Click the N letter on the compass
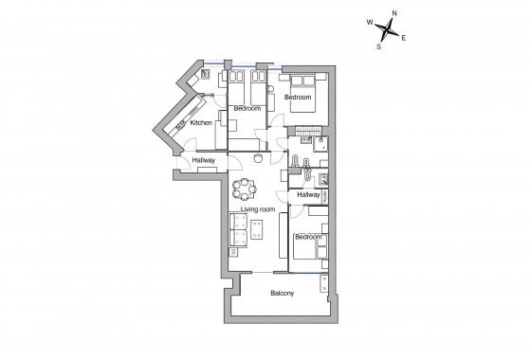[x=394, y=12]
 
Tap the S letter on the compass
[x=378, y=45]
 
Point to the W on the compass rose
[x=369, y=20]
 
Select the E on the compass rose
[x=404, y=38]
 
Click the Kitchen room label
[x=200, y=123]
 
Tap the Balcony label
[x=282, y=293]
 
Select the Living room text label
[x=257, y=208]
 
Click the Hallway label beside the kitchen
[x=203, y=160]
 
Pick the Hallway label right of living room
[x=307, y=194]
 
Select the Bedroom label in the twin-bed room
[x=247, y=109]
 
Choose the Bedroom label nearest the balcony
[x=306, y=236]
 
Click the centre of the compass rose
[x=386, y=28]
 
